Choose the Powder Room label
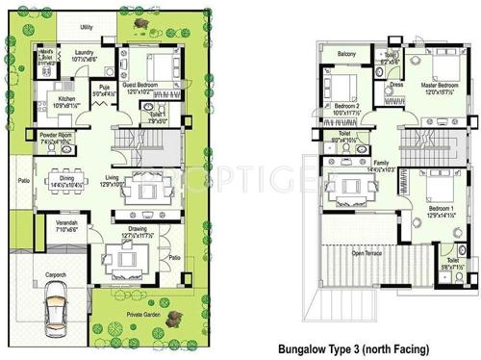tap(55, 135)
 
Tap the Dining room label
tap(67, 178)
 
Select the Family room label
tap(382, 162)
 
